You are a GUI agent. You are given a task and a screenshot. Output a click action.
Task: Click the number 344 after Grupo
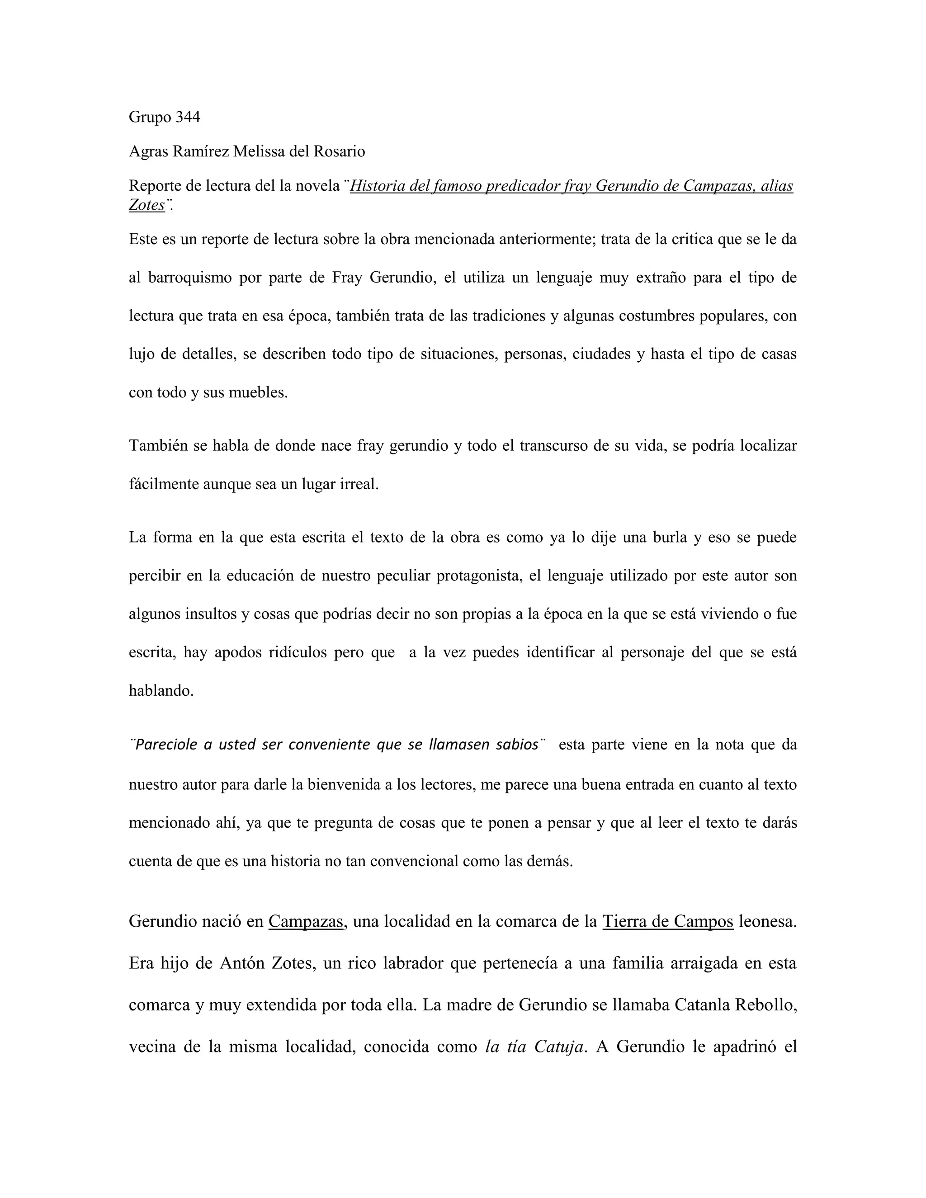point(188,117)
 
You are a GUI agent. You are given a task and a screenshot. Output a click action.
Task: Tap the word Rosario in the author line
point(339,151)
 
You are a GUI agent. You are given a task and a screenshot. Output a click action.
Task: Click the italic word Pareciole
point(166,745)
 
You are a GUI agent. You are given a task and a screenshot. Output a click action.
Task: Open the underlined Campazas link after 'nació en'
point(306,921)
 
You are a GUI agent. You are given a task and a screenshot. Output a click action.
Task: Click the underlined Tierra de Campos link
point(668,921)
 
